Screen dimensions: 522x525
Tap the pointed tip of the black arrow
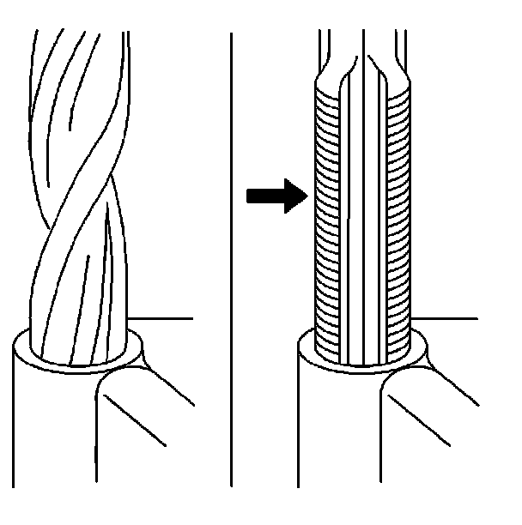307,196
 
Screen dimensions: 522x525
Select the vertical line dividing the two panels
232,257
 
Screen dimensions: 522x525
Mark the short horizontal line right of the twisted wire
163,318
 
